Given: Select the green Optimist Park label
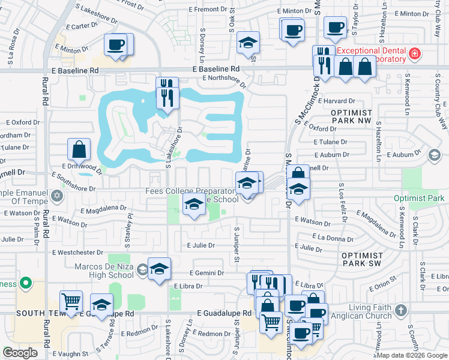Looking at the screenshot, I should click(418, 198).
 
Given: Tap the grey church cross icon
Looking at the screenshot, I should click(402, 310).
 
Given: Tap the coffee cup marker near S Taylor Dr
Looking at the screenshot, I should click(335, 28).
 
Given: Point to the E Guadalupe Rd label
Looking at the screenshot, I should click(224, 313).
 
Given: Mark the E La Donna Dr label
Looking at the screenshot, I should click(336, 238).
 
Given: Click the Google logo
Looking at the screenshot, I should click(21, 353).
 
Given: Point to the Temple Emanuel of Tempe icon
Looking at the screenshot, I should click(57, 195).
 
